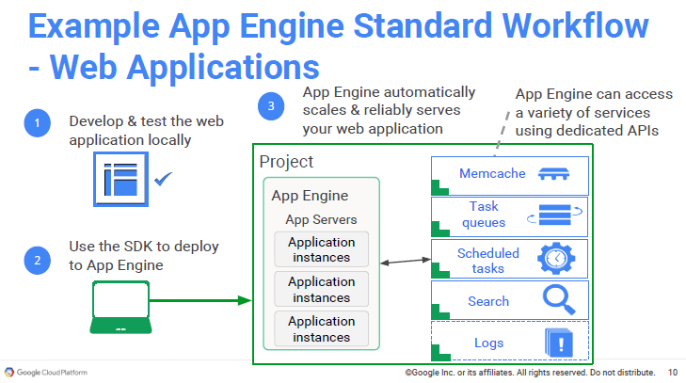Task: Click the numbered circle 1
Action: tap(37, 123)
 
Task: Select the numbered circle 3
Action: tap(271, 107)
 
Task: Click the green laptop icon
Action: tap(120, 308)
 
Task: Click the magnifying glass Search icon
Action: tap(559, 300)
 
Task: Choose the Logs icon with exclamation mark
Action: tap(560, 341)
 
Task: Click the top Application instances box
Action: tap(321, 249)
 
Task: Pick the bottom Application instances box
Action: tap(321, 329)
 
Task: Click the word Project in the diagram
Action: tap(286, 163)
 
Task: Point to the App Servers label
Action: tap(321, 219)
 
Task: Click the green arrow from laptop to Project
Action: tap(202, 301)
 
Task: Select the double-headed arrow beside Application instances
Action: tap(402, 263)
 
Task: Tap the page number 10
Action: tap(672, 373)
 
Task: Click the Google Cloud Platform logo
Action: tap(47, 373)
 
